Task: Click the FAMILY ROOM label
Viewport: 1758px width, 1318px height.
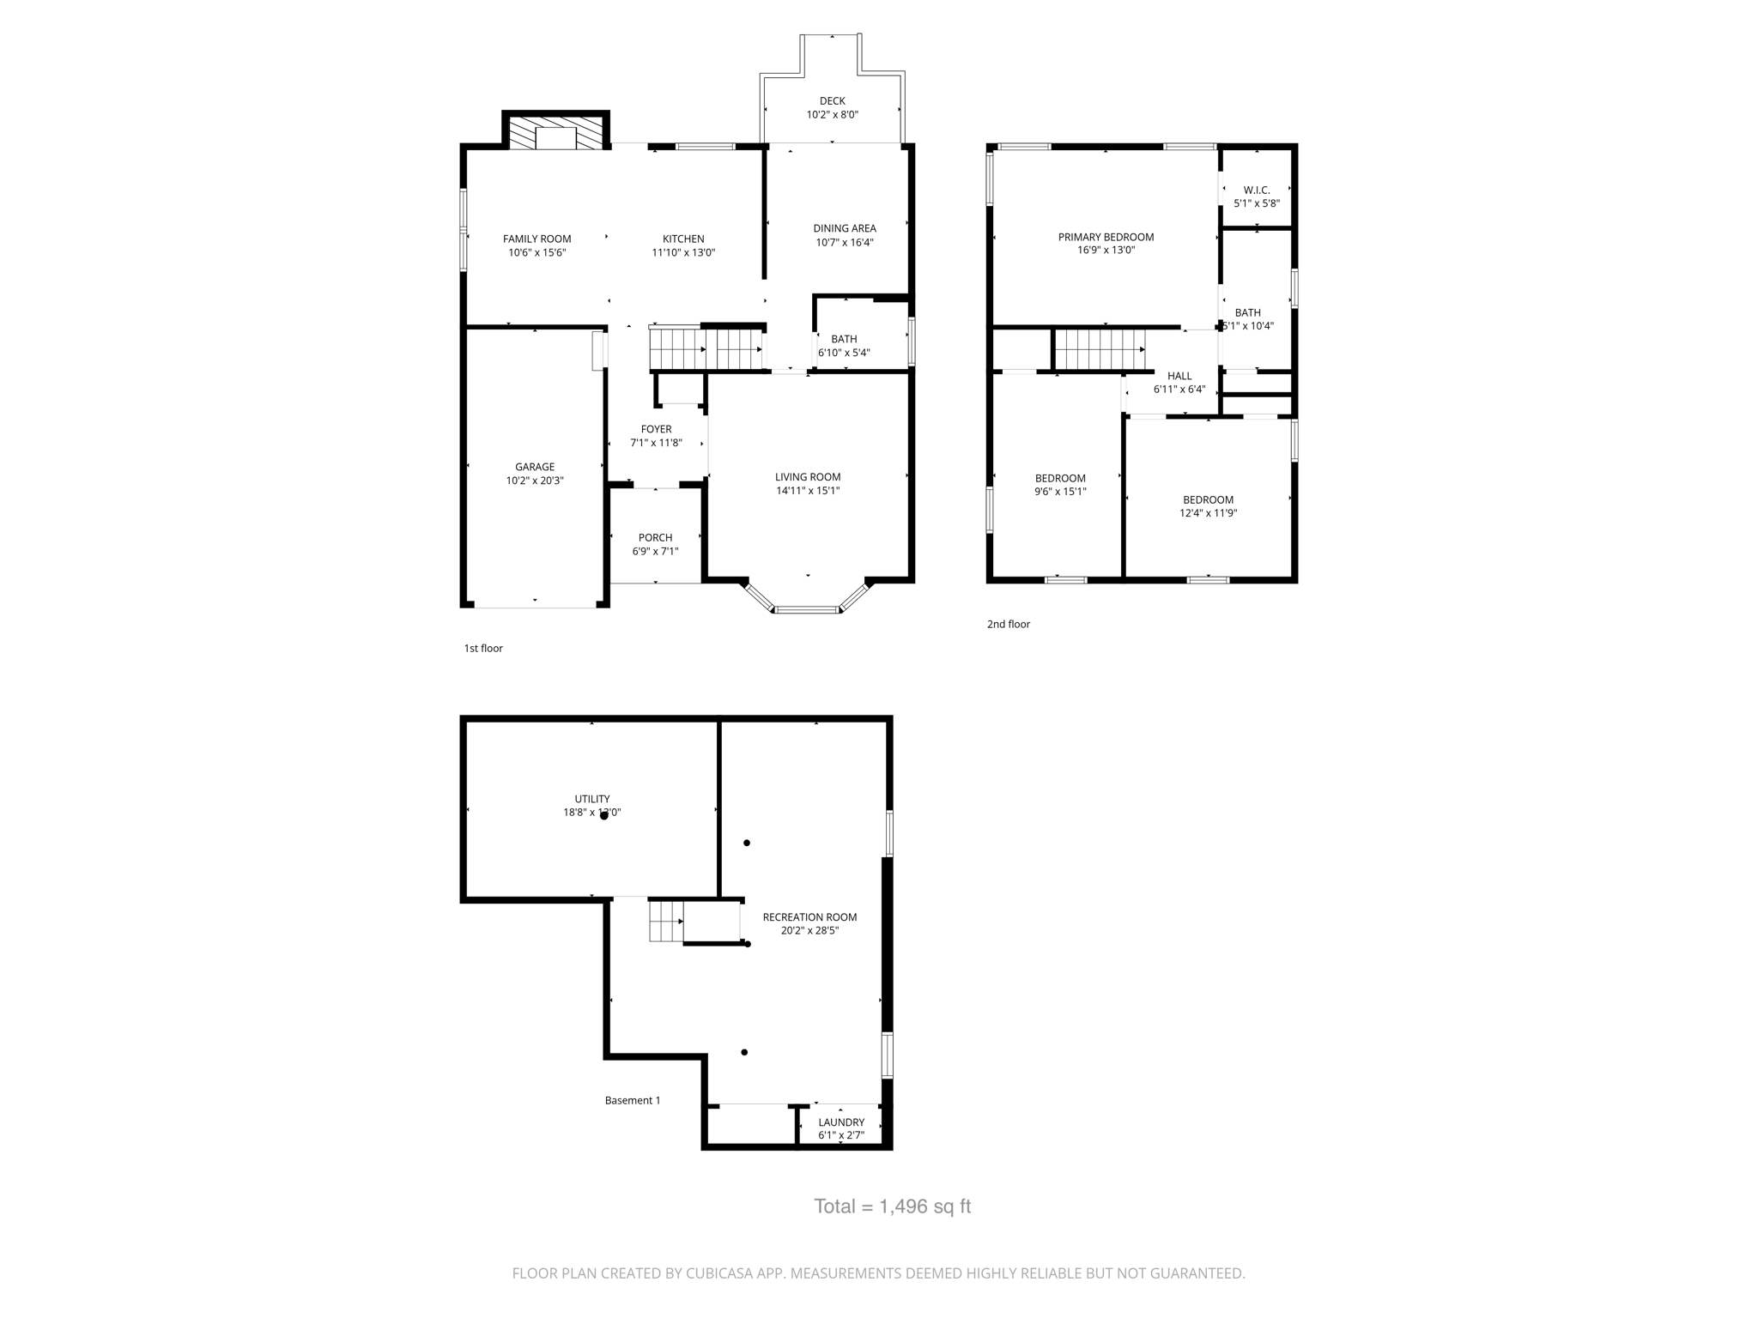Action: [536, 239]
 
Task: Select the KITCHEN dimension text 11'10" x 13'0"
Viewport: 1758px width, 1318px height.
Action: [683, 253]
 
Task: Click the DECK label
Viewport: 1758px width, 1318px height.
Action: [832, 101]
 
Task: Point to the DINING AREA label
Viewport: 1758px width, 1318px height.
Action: [845, 228]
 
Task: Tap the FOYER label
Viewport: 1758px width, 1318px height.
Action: [656, 429]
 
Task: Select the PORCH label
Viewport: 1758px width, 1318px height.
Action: [655, 538]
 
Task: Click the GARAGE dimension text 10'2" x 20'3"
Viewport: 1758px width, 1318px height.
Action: [535, 481]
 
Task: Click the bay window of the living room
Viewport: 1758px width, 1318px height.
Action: [806, 609]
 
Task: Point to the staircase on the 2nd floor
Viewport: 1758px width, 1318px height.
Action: [1100, 350]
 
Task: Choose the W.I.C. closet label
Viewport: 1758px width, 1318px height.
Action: [1256, 190]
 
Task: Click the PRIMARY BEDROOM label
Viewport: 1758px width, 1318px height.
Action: [1106, 238]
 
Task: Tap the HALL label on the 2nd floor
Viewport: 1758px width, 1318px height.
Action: [1179, 376]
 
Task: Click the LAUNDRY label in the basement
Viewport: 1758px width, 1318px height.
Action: [840, 1122]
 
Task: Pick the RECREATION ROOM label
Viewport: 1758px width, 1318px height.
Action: [809, 917]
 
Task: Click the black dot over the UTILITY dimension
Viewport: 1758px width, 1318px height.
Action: [603, 816]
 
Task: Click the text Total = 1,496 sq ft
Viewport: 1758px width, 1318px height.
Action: [892, 1206]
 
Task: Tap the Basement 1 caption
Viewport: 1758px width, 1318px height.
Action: [633, 1101]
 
